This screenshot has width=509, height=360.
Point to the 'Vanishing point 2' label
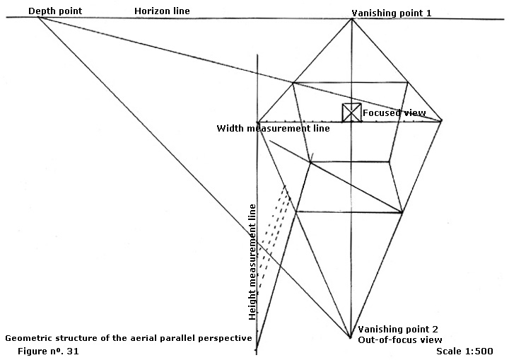click(398, 330)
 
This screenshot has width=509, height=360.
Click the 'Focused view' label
click(394, 112)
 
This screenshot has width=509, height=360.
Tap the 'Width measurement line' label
click(283, 129)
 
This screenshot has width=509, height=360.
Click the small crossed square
click(351, 112)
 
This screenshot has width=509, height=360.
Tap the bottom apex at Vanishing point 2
click(350, 337)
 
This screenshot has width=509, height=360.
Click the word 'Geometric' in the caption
click(27, 338)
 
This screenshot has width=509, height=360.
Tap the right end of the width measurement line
click(442, 121)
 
